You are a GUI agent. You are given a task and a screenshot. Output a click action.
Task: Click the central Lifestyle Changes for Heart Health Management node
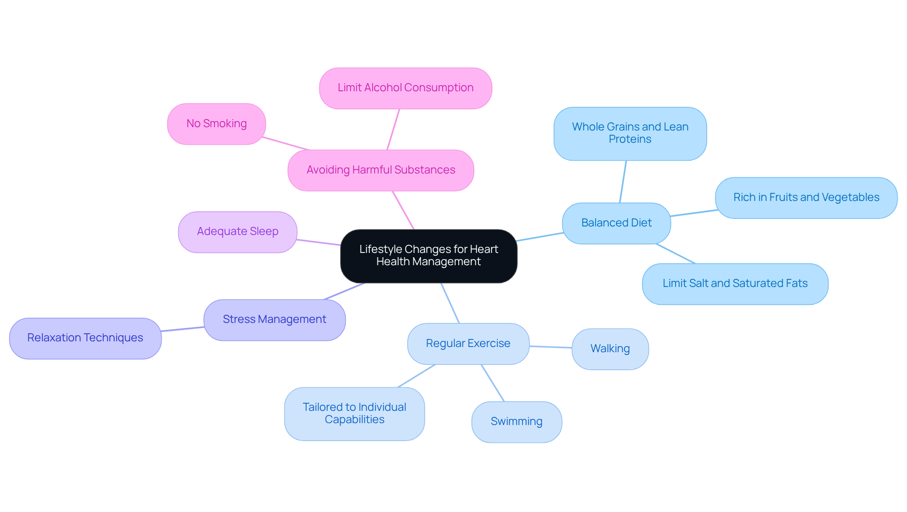428,256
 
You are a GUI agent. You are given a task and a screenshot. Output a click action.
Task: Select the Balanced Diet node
616,223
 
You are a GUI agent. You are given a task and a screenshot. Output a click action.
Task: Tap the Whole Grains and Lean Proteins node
630,133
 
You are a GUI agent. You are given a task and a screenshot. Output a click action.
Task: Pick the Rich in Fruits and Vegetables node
806,198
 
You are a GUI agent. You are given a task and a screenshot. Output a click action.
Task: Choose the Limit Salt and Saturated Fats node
735,284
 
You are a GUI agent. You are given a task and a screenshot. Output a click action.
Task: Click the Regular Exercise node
468,344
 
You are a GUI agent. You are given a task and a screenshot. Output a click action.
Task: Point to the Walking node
610,349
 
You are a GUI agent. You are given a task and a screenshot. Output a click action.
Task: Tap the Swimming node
516,422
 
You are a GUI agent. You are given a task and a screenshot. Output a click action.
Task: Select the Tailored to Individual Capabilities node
354,414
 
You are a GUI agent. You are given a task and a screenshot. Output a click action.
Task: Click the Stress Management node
274,320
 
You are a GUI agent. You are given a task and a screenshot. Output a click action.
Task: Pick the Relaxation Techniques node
85,338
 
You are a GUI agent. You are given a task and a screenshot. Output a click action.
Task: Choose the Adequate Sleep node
238,232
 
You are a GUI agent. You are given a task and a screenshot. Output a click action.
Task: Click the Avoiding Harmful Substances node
381,170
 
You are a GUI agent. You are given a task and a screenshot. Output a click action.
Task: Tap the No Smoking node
216,124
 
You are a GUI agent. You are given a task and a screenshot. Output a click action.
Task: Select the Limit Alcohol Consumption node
405,88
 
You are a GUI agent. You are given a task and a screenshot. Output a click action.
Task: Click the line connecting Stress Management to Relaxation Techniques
183,329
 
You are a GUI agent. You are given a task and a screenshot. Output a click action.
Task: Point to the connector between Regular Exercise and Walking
550,347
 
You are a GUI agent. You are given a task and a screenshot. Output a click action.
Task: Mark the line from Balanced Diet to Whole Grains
623,182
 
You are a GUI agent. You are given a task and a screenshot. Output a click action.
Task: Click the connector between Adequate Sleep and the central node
318,243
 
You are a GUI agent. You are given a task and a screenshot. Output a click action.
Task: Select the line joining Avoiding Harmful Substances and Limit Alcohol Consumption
394,129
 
